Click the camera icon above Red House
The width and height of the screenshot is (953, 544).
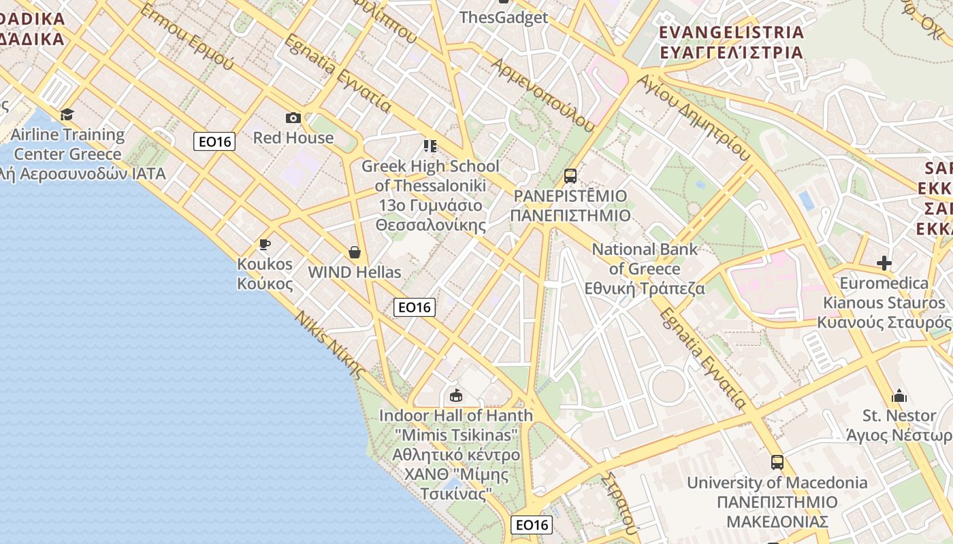[x=293, y=118]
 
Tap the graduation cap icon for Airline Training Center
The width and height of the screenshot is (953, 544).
[x=67, y=114]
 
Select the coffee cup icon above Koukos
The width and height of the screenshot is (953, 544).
[x=265, y=244]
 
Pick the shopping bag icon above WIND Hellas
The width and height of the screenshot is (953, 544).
[x=355, y=252]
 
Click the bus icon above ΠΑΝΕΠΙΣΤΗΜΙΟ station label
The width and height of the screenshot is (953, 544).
[x=570, y=176]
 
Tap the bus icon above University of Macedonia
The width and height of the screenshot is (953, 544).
[x=777, y=462]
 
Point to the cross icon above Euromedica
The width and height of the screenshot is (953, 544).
[x=884, y=262]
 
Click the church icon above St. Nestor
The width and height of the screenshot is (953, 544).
[x=899, y=395]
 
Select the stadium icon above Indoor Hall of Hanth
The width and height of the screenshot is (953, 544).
[x=456, y=395]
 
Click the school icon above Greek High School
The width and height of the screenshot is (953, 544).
[x=430, y=146]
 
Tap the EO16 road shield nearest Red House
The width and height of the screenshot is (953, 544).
[x=214, y=141]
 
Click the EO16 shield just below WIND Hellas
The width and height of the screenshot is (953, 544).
[x=415, y=307]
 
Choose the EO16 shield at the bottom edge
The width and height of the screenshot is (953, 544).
[x=532, y=524]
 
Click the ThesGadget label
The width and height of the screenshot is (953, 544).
[x=503, y=17]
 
